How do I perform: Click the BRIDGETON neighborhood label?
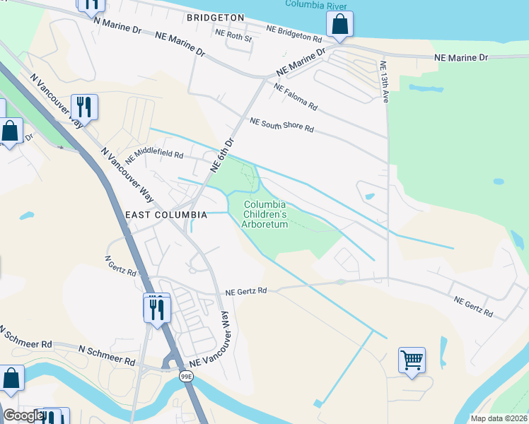click(x=216, y=17)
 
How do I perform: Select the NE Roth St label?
click(x=233, y=35)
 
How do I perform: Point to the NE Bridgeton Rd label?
click(x=298, y=33)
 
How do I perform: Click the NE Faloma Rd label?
click(x=296, y=98)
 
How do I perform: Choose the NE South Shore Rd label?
click(x=281, y=126)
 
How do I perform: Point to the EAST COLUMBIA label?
click(x=166, y=214)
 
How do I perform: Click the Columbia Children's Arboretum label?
click(x=265, y=215)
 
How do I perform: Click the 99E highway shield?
click(x=186, y=377)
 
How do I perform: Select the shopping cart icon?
click(x=412, y=360)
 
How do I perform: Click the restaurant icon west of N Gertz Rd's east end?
click(x=157, y=308)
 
